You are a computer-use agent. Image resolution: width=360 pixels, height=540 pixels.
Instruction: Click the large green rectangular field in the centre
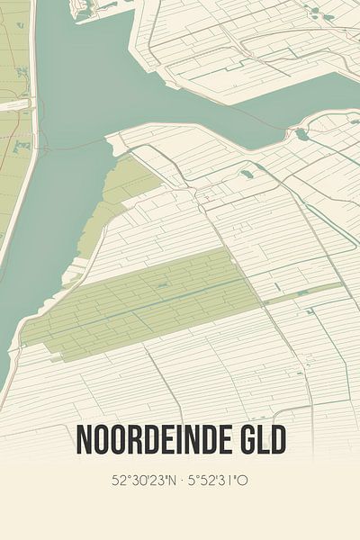[144, 301]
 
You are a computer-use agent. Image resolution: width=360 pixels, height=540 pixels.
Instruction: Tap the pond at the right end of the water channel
[301, 134]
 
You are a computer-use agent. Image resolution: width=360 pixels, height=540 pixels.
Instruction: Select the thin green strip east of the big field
[301, 291]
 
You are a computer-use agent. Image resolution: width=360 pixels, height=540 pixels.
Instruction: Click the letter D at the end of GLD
[279, 440]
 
